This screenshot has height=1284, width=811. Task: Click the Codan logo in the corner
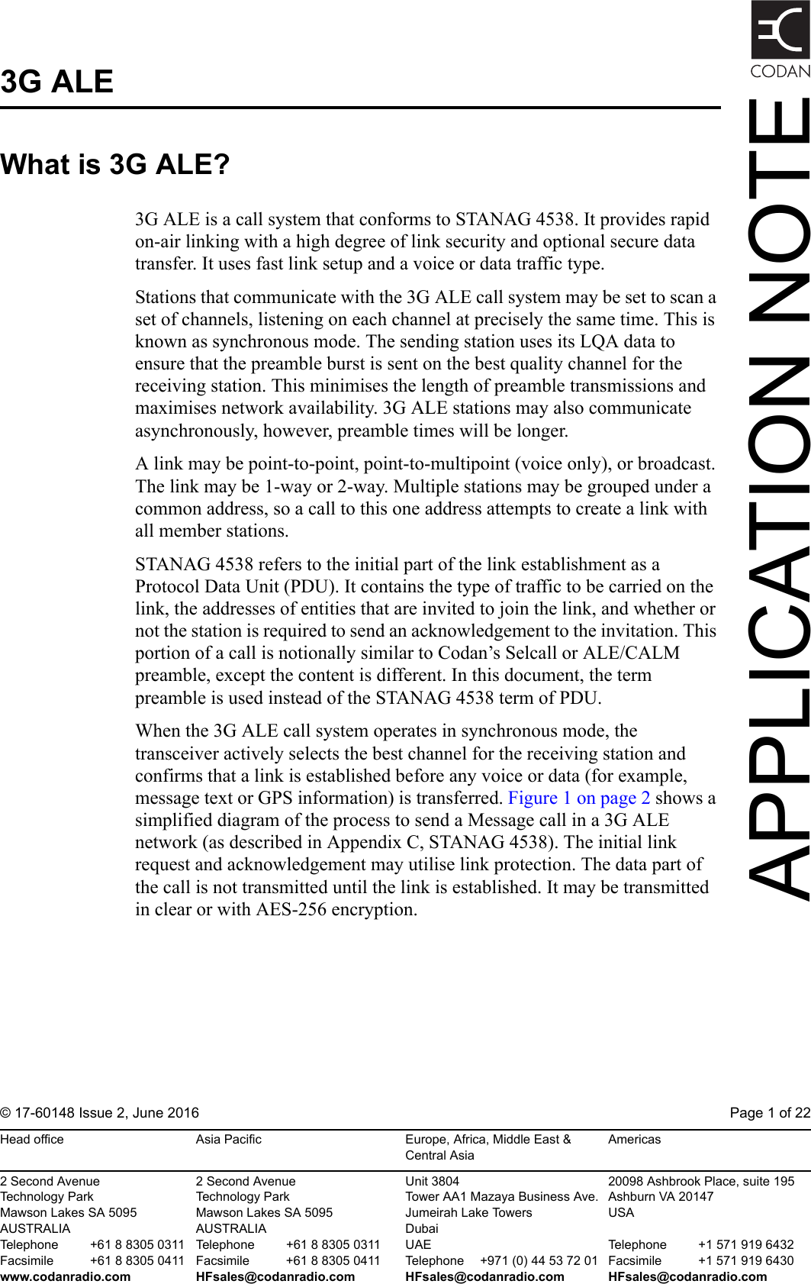[x=780, y=38]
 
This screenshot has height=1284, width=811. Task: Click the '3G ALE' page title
[x=57, y=82]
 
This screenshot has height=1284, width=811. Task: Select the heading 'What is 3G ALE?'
[x=115, y=164]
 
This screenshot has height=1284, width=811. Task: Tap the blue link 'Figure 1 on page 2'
[x=579, y=798]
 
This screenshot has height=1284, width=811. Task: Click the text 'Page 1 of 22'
[x=769, y=1112]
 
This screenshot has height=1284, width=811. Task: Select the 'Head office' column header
[x=32, y=1139]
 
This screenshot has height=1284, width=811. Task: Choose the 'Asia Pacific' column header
[x=228, y=1139]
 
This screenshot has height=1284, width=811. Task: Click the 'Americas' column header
[x=634, y=1139]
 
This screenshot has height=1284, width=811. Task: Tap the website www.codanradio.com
[x=66, y=1276]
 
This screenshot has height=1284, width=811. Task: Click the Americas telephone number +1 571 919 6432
[x=745, y=1244]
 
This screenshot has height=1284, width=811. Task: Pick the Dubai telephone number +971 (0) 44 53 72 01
[x=538, y=1260]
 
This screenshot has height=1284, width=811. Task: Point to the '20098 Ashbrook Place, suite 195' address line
[x=700, y=1181]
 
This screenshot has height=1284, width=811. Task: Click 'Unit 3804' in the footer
[x=432, y=1181]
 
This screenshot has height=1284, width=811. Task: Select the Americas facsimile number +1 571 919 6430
[x=745, y=1260]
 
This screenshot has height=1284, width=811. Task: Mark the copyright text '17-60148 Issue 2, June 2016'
[x=106, y=1112]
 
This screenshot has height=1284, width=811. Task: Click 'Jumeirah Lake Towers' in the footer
[x=468, y=1212]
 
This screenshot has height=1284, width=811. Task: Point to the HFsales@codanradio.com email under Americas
[x=687, y=1276]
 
